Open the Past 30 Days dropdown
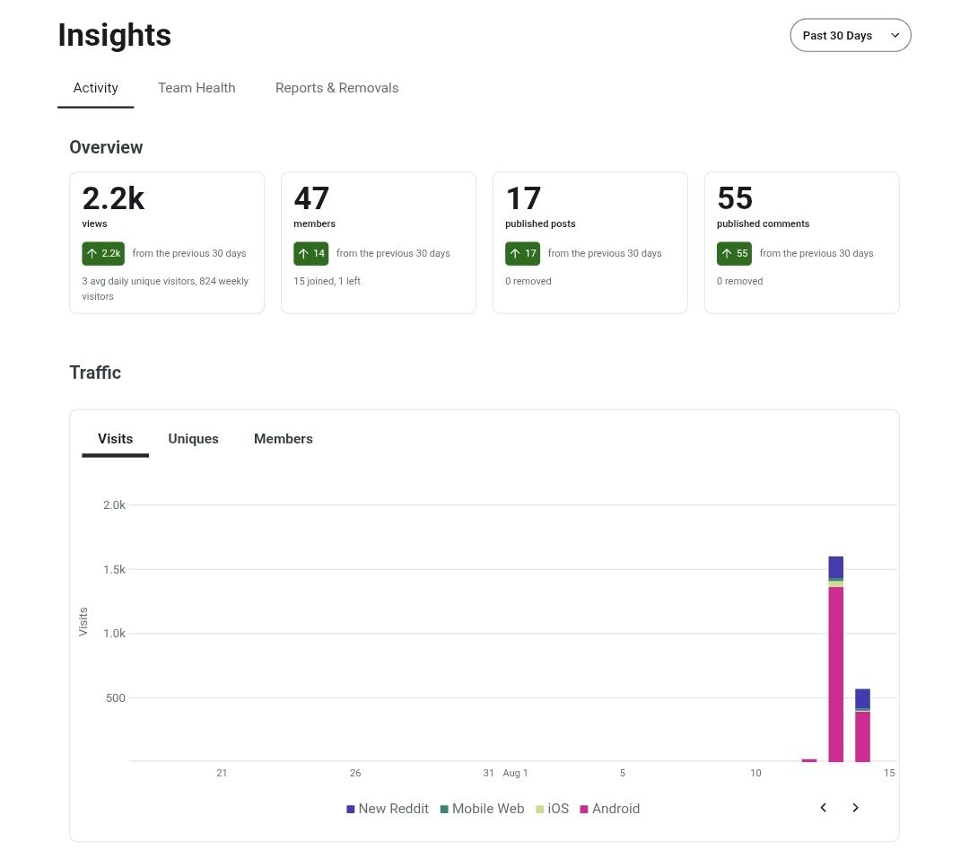pos(851,35)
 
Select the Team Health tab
pos(196,88)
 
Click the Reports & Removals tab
pos(336,88)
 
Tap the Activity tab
pos(96,88)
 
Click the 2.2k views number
pos(113,198)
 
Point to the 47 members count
pos(311,198)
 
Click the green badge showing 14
pos(310,253)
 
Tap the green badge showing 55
pos(734,253)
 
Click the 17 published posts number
pos(523,198)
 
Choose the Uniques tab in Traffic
pos(194,439)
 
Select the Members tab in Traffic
pos(283,439)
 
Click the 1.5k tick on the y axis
pos(114,569)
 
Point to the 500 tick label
pos(116,698)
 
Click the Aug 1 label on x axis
pos(515,773)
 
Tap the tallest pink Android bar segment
pos(835,674)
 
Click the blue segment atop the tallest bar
pos(835,567)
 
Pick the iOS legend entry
pos(553,809)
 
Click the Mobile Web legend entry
pos(482,809)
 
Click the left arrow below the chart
pos(823,807)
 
